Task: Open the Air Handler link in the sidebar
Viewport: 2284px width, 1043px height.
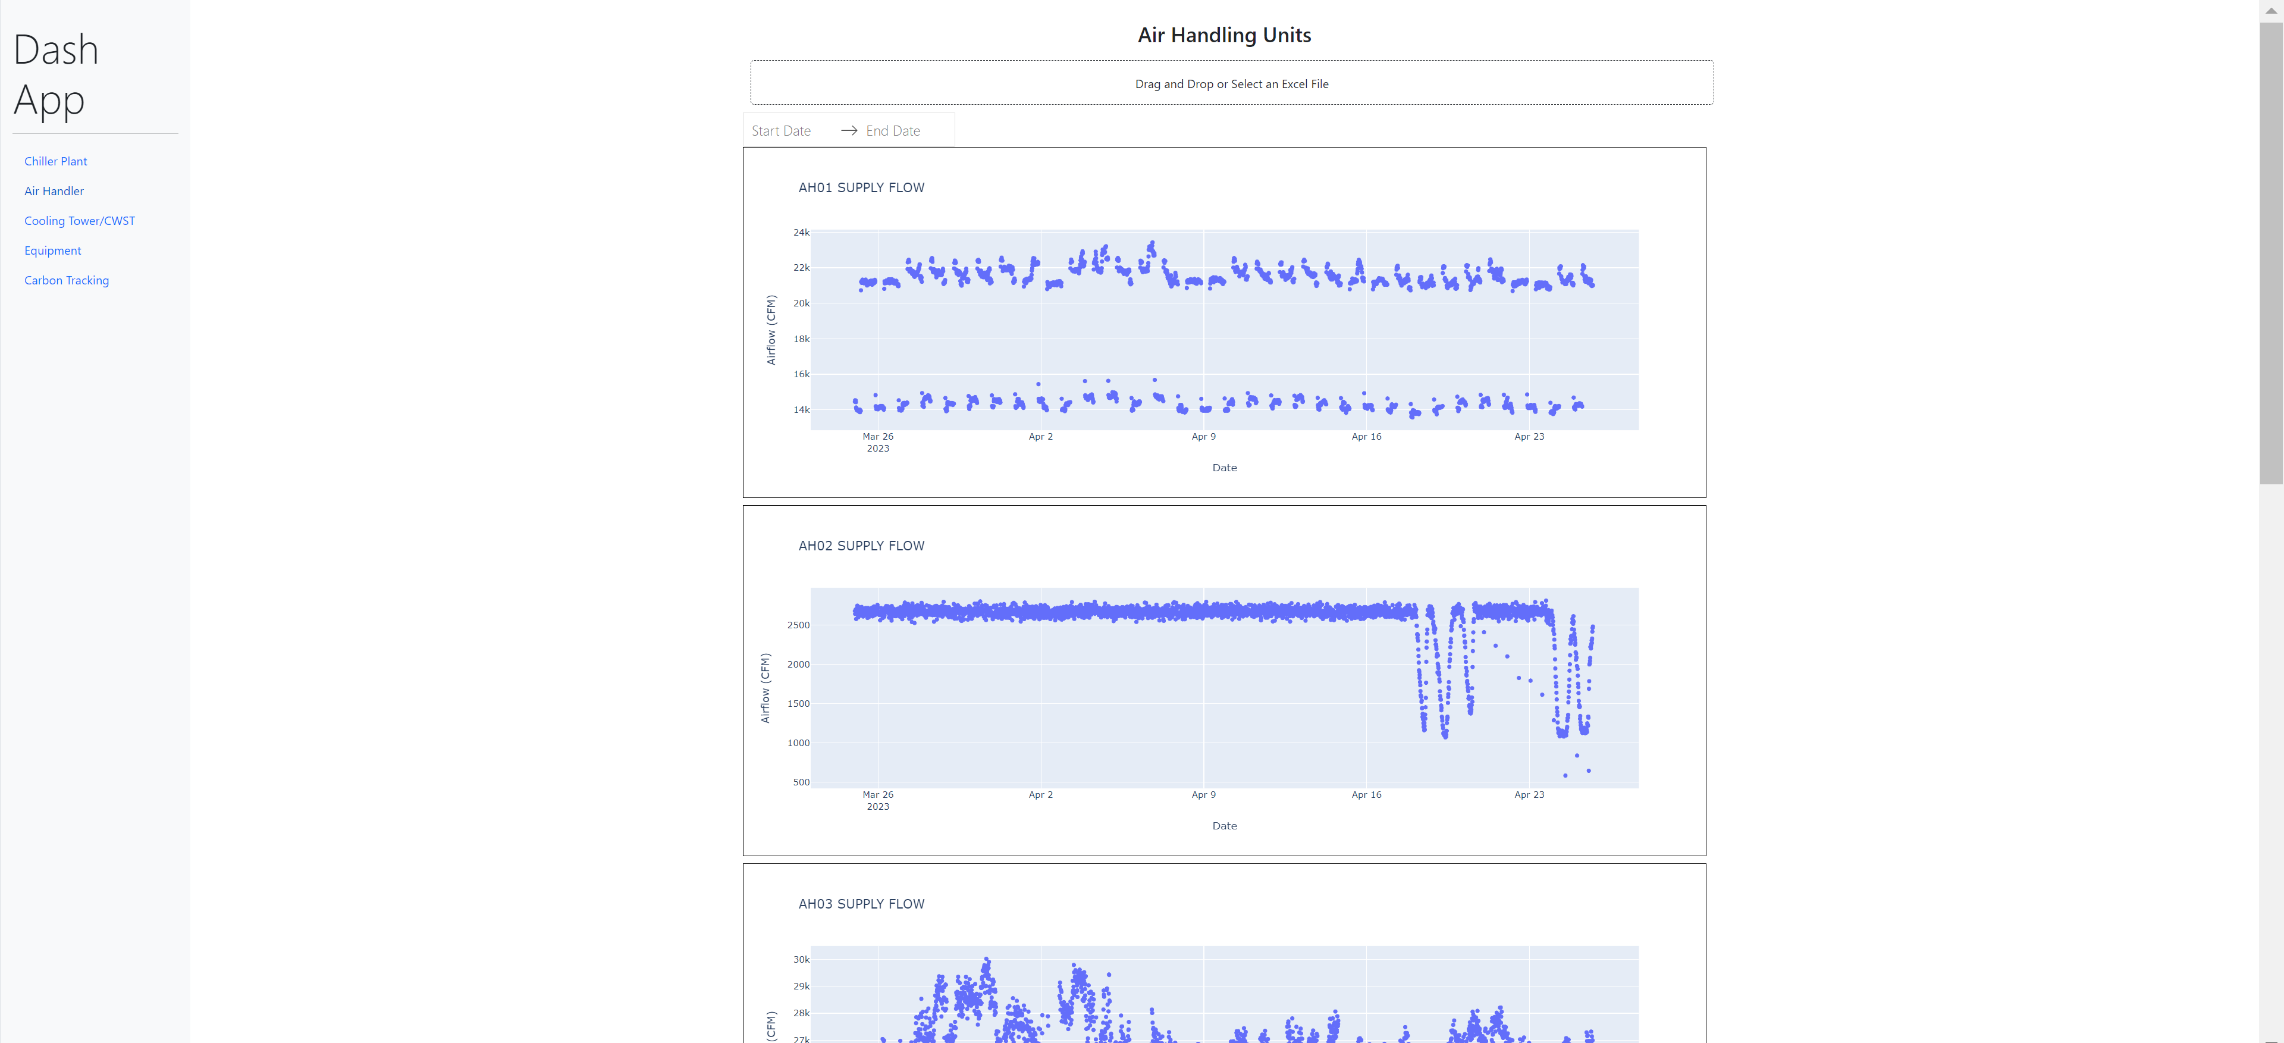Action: [54, 190]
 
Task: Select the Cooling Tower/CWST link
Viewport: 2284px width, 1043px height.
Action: [80, 221]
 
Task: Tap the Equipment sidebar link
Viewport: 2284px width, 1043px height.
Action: [52, 251]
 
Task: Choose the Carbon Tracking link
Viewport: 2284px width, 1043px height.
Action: [67, 280]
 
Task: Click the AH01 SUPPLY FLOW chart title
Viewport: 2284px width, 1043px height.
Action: [861, 188]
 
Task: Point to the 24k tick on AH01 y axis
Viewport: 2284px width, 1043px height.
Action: [801, 233]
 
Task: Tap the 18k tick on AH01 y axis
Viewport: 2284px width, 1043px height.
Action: [801, 339]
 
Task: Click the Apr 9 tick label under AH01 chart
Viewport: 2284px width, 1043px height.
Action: [1203, 436]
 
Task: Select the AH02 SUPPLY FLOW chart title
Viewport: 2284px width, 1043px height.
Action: [861, 546]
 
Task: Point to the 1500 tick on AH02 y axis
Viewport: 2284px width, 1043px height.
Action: [798, 703]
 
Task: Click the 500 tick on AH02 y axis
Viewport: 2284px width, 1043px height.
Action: [801, 782]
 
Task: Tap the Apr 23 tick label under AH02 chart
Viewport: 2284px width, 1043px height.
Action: [1529, 795]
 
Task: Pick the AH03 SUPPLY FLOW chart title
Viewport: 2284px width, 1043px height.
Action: [861, 904]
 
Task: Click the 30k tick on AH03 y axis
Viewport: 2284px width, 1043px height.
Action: [801, 960]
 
